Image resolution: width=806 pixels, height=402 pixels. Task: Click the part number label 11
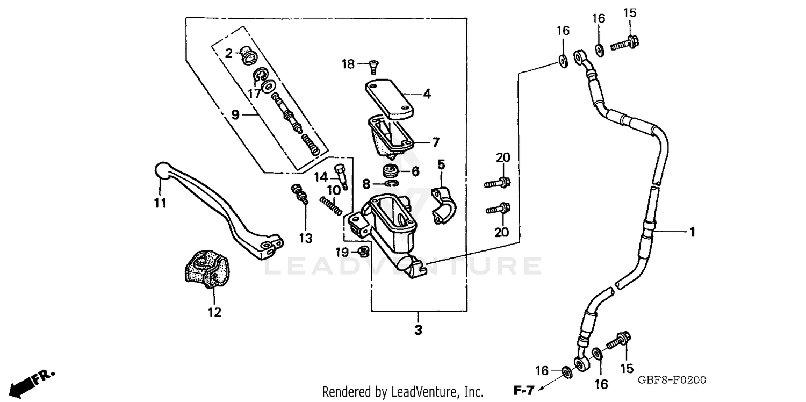coord(160,204)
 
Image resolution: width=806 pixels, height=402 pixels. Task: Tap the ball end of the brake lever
coord(161,170)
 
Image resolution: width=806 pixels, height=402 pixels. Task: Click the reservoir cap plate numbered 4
coord(390,98)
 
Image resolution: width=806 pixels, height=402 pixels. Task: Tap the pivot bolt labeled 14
coord(341,175)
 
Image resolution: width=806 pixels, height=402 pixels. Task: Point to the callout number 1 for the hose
coord(692,232)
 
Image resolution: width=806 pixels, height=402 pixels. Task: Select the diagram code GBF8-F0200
coord(672,380)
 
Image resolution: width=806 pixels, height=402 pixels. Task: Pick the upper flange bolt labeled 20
coord(498,183)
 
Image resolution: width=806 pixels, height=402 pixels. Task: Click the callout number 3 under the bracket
coord(418,330)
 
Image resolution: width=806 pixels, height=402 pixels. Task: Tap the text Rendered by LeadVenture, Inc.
coord(402,392)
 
